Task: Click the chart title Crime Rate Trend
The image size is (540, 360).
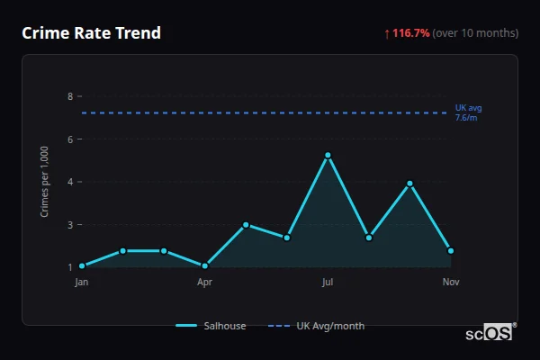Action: point(91,33)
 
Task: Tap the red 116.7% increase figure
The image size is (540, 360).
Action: point(411,33)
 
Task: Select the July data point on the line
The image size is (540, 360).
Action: point(328,156)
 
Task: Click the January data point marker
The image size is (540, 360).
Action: point(82,265)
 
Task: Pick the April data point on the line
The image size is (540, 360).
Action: point(205,265)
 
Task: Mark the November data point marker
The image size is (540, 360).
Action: point(451,250)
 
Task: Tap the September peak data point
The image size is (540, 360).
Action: point(409,184)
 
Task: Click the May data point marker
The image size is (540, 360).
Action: point(246,224)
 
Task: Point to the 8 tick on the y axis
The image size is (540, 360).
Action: point(70,96)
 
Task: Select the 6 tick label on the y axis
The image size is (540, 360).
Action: point(70,139)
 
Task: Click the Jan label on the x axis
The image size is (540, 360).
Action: point(82,283)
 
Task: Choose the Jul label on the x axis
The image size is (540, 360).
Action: point(328,283)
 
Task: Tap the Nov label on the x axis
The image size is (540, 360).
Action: point(451,283)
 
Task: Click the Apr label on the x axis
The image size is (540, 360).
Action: point(205,283)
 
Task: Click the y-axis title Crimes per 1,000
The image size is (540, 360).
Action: point(45,182)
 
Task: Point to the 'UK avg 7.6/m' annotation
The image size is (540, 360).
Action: point(468,112)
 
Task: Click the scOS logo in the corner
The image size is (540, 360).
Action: point(490,333)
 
